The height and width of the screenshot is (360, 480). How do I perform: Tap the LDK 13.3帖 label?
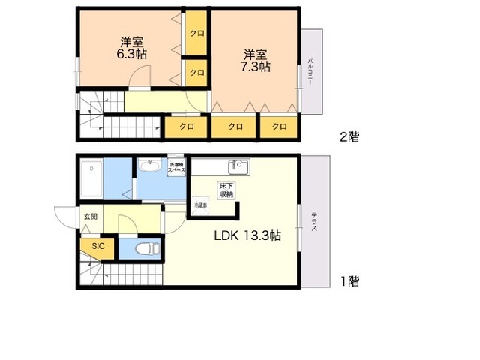(x=247, y=235)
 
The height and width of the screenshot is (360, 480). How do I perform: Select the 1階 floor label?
(x=349, y=281)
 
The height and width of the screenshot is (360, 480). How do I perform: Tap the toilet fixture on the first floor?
(x=145, y=247)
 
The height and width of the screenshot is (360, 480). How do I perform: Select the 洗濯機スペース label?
(x=177, y=167)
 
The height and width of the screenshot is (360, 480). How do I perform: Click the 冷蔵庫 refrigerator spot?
(x=200, y=205)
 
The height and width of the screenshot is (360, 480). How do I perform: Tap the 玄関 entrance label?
(x=91, y=217)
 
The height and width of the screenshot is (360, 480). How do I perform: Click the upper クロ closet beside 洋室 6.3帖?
(x=197, y=33)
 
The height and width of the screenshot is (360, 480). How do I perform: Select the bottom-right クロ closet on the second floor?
(x=280, y=127)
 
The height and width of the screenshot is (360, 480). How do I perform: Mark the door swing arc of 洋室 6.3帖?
(x=139, y=76)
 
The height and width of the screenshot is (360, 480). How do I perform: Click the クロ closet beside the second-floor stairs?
(x=186, y=127)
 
